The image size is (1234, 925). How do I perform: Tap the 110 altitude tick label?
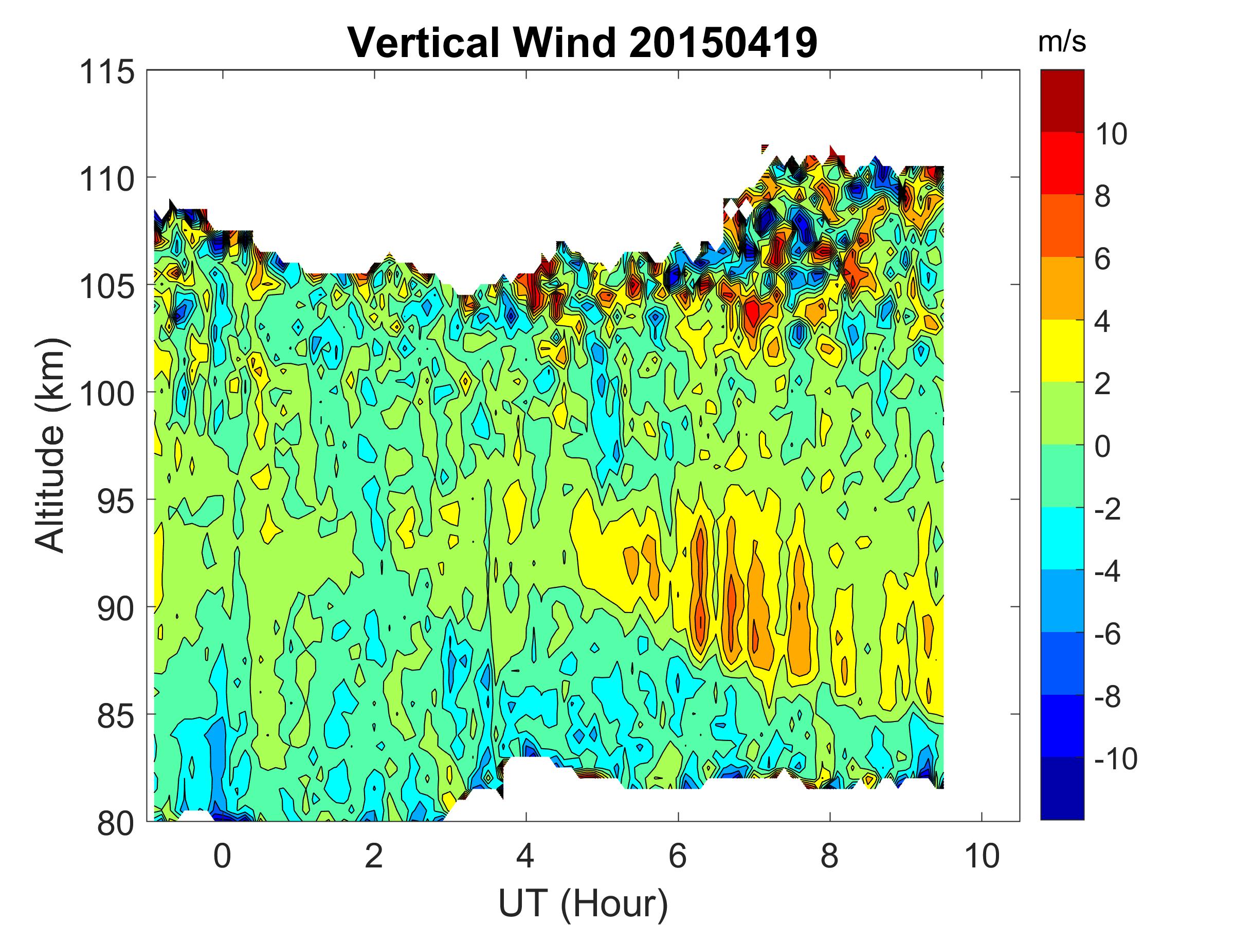pos(107,179)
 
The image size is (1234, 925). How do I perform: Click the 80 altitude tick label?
pos(116,823)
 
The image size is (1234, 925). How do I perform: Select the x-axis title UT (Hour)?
pos(583,903)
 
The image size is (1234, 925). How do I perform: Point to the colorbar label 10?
pos(1110,134)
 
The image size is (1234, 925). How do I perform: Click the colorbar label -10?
pos(1115,759)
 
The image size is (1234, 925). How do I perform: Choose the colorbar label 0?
pos(1102,447)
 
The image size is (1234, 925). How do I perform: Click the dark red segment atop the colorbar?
pos(1062,101)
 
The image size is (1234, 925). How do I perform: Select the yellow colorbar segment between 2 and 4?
pos(1062,350)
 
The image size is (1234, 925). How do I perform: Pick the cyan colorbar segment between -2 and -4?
pos(1062,538)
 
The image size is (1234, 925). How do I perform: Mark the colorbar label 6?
pos(1102,260)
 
